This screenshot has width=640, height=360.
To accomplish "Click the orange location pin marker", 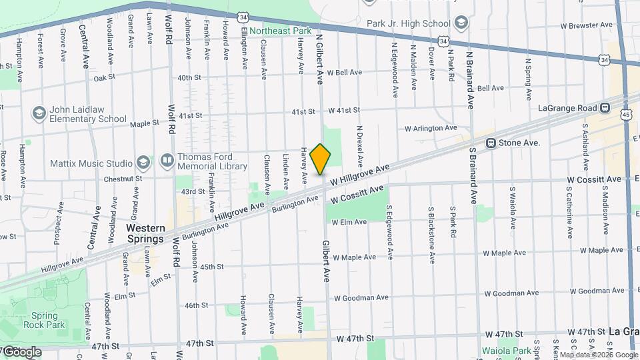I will (x=321, y=159).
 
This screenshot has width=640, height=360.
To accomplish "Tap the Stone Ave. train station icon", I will (x=491, y=143).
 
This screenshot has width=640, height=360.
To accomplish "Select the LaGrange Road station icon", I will (x=605, y=107).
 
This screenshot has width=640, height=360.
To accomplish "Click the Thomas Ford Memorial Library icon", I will (x=167, y=161).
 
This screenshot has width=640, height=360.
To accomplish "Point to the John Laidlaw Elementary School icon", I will (x=39, y=113).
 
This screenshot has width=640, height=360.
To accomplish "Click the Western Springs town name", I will (x=145, y=233).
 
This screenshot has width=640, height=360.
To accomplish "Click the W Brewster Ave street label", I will (x=586, y=25).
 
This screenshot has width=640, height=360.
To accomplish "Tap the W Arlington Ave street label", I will (x=431, y=127).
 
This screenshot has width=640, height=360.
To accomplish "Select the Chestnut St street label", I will (x=123, y=179).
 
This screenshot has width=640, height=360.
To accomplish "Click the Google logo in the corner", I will (x=21, y=352).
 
